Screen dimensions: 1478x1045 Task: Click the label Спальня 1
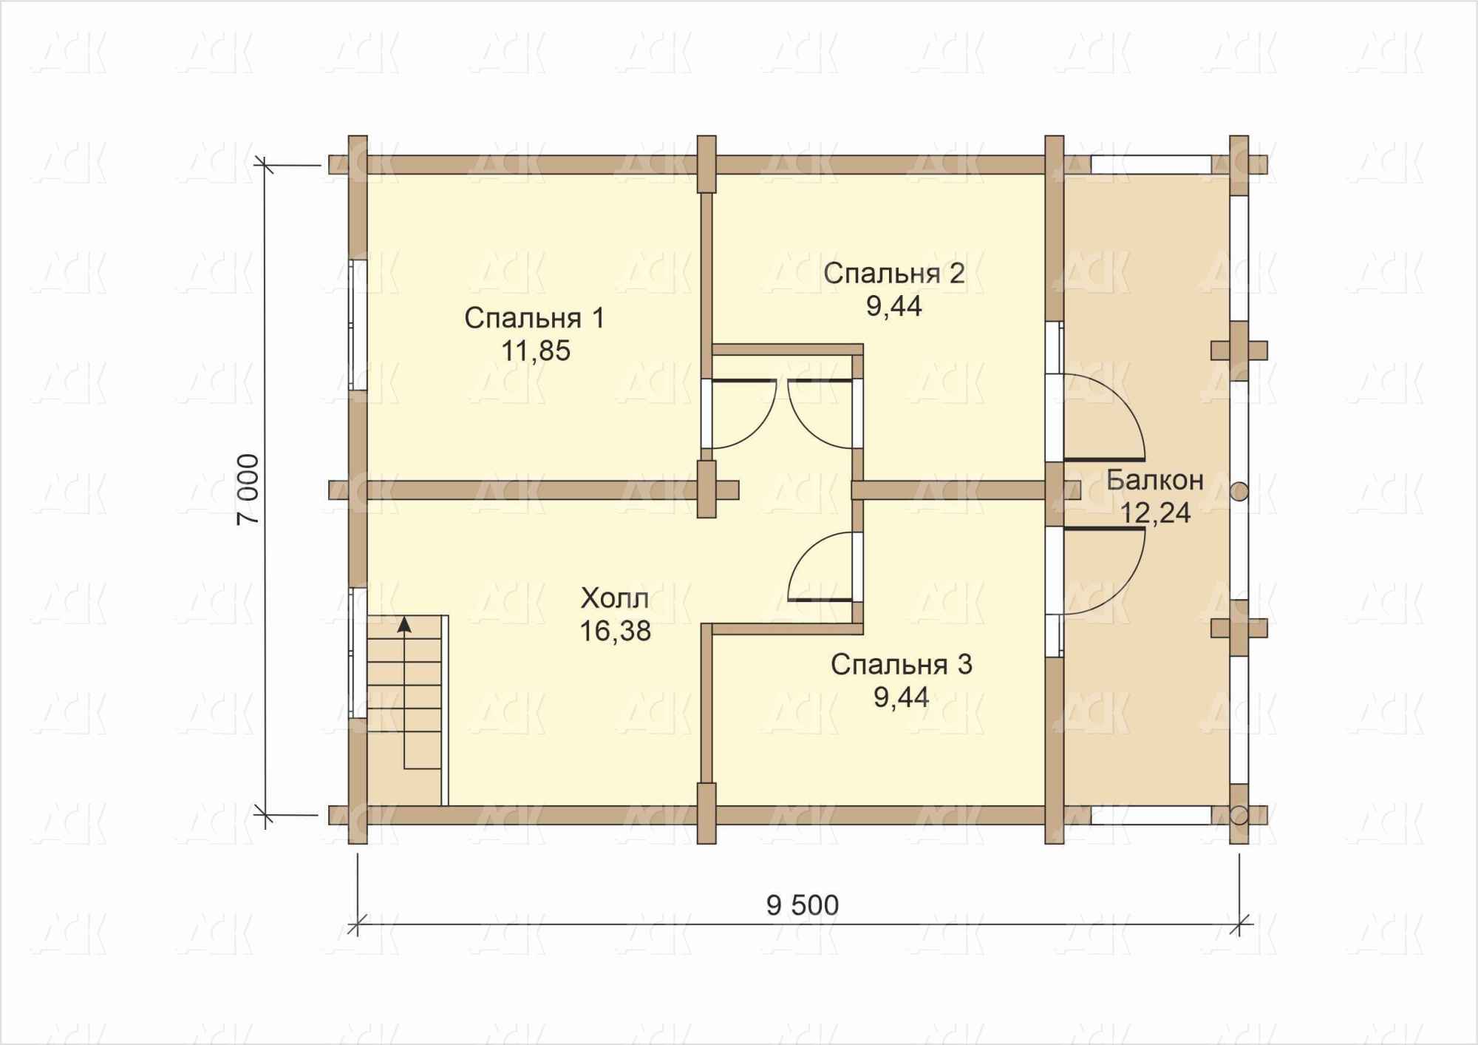534,318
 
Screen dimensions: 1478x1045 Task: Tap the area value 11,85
536,351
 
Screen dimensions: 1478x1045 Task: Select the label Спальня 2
894,274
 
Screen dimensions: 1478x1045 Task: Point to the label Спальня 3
901,664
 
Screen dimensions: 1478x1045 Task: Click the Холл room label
615,598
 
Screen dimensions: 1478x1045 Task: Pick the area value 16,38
615,631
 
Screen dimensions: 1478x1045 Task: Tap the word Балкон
1155,480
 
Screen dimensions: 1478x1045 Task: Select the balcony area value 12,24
1156,513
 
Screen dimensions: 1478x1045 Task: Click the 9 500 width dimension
803,905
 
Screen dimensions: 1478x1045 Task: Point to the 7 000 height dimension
248,490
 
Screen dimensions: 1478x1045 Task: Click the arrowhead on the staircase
403,624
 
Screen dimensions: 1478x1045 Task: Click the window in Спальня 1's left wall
358,324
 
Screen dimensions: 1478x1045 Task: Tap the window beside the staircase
358,652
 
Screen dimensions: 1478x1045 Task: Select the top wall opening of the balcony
1151,164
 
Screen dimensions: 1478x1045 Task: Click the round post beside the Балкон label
1239,490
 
